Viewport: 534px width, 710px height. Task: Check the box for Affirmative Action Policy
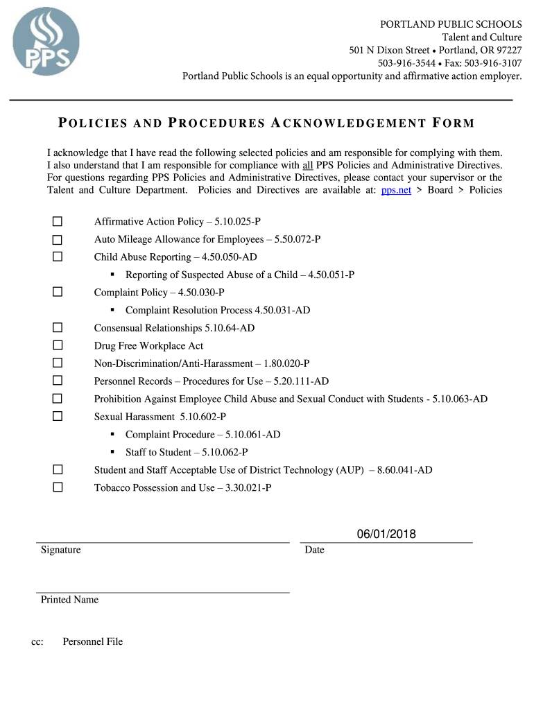[x=58, y=221]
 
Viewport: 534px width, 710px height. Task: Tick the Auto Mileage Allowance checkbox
[x=58, y=239]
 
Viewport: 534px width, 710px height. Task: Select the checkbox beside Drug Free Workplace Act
[x=58, y=345]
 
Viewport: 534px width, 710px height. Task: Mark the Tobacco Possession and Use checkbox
[x=58, y=487]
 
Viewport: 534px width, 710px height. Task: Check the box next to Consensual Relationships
[x=58, y=327]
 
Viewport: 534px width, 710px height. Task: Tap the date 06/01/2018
[x=386, y=533]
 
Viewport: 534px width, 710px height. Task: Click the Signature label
[x=60, y=550]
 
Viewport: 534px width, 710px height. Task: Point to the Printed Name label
[x=69, y=600]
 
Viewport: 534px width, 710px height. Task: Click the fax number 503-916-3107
[x=493, y=63]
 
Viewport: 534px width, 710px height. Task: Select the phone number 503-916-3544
[x=407, y=63]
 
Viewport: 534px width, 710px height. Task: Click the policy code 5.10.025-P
[x=237, y=221]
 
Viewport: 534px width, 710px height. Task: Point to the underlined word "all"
[x=309, y=165]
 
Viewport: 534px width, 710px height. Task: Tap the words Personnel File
[x=92, y=642]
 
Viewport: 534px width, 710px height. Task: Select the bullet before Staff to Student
[x=112, y=452]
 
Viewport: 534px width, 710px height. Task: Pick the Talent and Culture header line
[x=482, y=37]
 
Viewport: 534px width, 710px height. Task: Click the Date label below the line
[x=314, y=550]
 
